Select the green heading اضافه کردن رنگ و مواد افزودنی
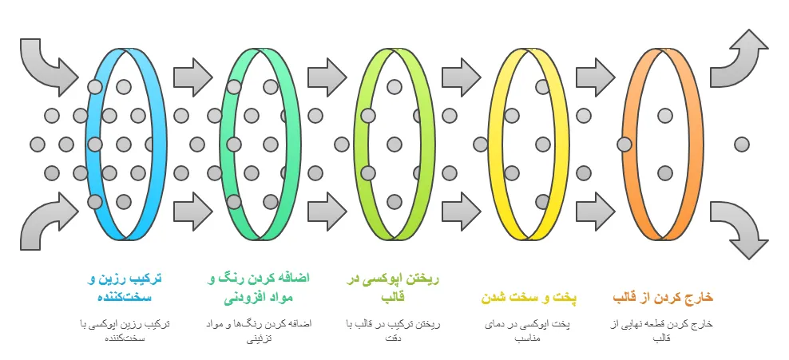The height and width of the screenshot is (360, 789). (x=258, y=287)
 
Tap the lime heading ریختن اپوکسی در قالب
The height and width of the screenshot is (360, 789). (x=393, y=287)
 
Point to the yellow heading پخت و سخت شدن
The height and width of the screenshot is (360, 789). (x=528, y=298)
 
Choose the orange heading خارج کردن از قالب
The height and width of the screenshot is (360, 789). (x=662, y=298)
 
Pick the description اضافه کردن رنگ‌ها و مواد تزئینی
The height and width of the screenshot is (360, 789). (x=258, y=331)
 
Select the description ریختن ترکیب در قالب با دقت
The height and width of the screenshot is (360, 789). (x=393, y=331)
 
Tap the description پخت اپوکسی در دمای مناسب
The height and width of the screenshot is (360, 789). (x=528, y=331)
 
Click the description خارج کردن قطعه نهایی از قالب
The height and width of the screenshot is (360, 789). (x=662, y=331)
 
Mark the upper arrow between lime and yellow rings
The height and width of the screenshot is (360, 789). (x=457, y=77)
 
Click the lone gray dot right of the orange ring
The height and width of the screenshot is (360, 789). (x=742, y=144)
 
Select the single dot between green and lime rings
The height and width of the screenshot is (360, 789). (x=342, y=144)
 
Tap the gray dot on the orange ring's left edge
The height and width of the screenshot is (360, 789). (x=624, y=144)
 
